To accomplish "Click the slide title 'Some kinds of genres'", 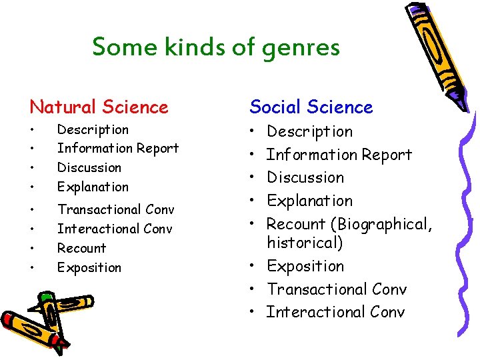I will tap(216, 47).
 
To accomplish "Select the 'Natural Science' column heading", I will tap(99, 107).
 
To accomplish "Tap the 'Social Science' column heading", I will tap(311, 107).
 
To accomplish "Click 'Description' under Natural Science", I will tap(93, 129).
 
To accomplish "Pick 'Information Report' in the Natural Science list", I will tap(118, 148).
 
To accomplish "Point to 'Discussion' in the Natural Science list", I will tap(89, 167).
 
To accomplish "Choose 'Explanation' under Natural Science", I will tap(93, 187).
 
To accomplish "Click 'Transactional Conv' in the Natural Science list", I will tap(115, 209).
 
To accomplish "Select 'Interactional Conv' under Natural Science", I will tap(115, 229).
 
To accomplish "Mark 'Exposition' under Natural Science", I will tap(89, 267).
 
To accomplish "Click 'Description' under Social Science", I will tap(309, 132).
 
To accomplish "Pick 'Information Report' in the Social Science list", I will tap(339, 155).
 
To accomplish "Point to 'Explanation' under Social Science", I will tap(309, 201).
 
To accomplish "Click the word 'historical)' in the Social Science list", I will tap(305, 243).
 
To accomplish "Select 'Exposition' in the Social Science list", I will tap(305, 266).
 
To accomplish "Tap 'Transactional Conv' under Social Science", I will tap(337, 289).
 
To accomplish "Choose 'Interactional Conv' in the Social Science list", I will tap(335, 312).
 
